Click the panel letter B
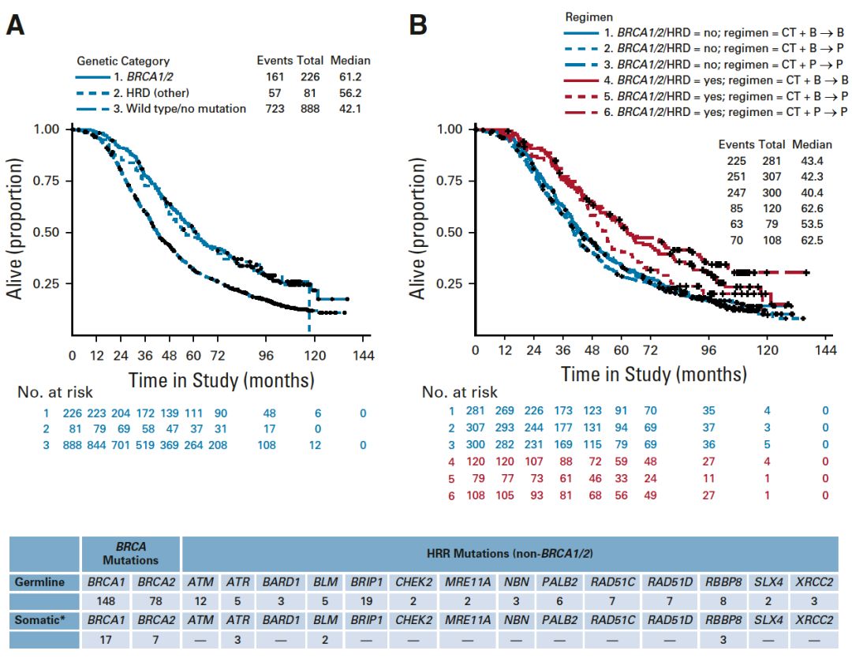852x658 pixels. point(419,26)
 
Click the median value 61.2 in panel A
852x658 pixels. point(349,77)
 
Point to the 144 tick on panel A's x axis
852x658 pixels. point(363,357)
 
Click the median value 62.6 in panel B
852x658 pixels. point(807,209)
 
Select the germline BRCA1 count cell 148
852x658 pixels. point(107,600)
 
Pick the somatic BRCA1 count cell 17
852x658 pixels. point(107,638)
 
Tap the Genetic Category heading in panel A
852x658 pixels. point(123,61)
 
